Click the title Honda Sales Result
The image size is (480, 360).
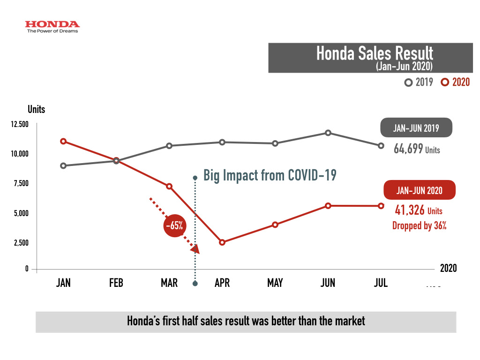[x=375, y=53]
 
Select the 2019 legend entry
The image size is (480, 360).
[x=419, y=82]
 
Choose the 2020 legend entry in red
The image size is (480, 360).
[x=455, y=82]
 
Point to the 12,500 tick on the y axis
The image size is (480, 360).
[x=20, y=124]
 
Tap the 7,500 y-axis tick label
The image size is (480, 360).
[x=21, y=183]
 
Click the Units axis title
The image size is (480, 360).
[x=36, y=109]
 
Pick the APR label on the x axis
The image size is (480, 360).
[x=222, y=283]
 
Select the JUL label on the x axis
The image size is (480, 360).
[x=381, y=283]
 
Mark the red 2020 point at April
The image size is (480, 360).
[x=222, y=242]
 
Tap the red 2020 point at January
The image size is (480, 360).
[x=63, y=141]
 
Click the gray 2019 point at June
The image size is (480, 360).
[x=328, y=133]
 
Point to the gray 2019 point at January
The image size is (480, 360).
[x=63, y=165]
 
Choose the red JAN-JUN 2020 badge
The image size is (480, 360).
[x=419, y=190]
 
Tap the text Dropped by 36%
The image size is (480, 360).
[x=419, y=225]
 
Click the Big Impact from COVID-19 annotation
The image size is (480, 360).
[x=270, y=176]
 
